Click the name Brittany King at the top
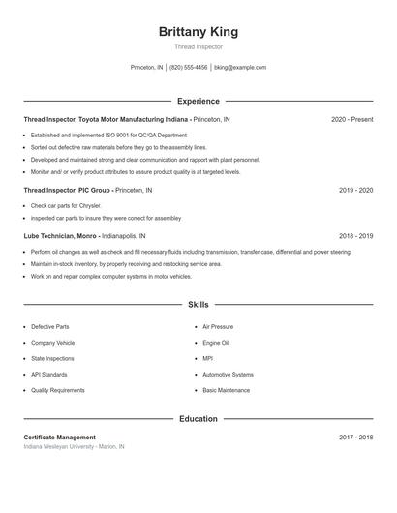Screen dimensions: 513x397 198,31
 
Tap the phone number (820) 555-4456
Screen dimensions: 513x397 189,68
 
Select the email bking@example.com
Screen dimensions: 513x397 240,68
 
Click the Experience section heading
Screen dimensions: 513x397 198,101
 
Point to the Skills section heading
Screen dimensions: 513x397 198,304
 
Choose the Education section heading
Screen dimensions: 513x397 198,419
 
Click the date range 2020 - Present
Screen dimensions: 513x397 351,119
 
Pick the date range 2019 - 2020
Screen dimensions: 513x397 355,191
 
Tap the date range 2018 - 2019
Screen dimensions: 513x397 355,236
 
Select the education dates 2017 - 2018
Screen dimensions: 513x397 355,438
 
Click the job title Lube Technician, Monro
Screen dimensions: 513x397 61,236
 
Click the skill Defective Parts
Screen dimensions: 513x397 50,327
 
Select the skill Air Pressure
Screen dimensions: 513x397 218,327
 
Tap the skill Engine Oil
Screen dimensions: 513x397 216,343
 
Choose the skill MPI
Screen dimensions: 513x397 207,358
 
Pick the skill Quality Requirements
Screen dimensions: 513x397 58,390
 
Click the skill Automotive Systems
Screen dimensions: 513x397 228,375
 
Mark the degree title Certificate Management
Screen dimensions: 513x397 60,438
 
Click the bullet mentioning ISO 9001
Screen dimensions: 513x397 108,136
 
